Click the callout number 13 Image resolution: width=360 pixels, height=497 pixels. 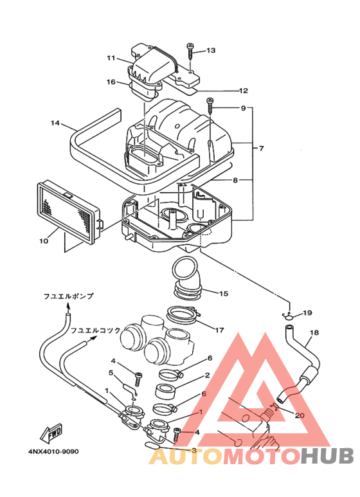tap(212, 50)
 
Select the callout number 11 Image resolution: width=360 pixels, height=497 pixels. tap(111, 59)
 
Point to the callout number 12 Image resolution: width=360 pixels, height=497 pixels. tap(244, 91)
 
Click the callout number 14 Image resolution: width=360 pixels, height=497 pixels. tap(55, 123)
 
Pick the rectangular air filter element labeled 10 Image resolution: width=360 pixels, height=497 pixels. tap(67, 211)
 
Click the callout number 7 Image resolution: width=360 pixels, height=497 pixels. tap(262, 149)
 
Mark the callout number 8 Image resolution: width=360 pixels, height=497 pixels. tap(235, 181)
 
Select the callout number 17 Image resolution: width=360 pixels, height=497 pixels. tap(219, 330)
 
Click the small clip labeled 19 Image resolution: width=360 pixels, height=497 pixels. tap(289, 314)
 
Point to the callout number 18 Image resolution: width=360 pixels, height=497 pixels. tap(314, 333)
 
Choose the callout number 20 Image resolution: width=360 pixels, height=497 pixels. tap(300, 415)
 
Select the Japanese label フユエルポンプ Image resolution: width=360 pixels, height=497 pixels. tap(69, 296)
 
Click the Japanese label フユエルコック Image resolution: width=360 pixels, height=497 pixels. tap(95, 330)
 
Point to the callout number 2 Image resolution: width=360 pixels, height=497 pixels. tap(207, 375)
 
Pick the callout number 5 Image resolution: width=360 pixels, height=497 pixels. tap(111, 372)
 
